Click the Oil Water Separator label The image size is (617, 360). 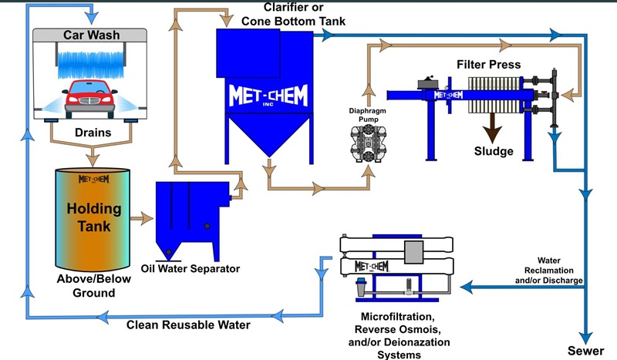[190, 268]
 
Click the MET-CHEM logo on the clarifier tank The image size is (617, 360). [268, 96]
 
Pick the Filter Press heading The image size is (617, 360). [489, 64]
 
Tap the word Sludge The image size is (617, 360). [494, 151]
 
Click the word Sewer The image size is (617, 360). [585, 351]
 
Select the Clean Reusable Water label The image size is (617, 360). [189, 325]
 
